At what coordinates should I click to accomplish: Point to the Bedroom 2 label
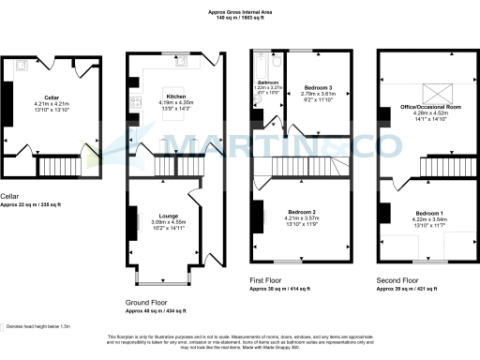[x=301, y=213]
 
